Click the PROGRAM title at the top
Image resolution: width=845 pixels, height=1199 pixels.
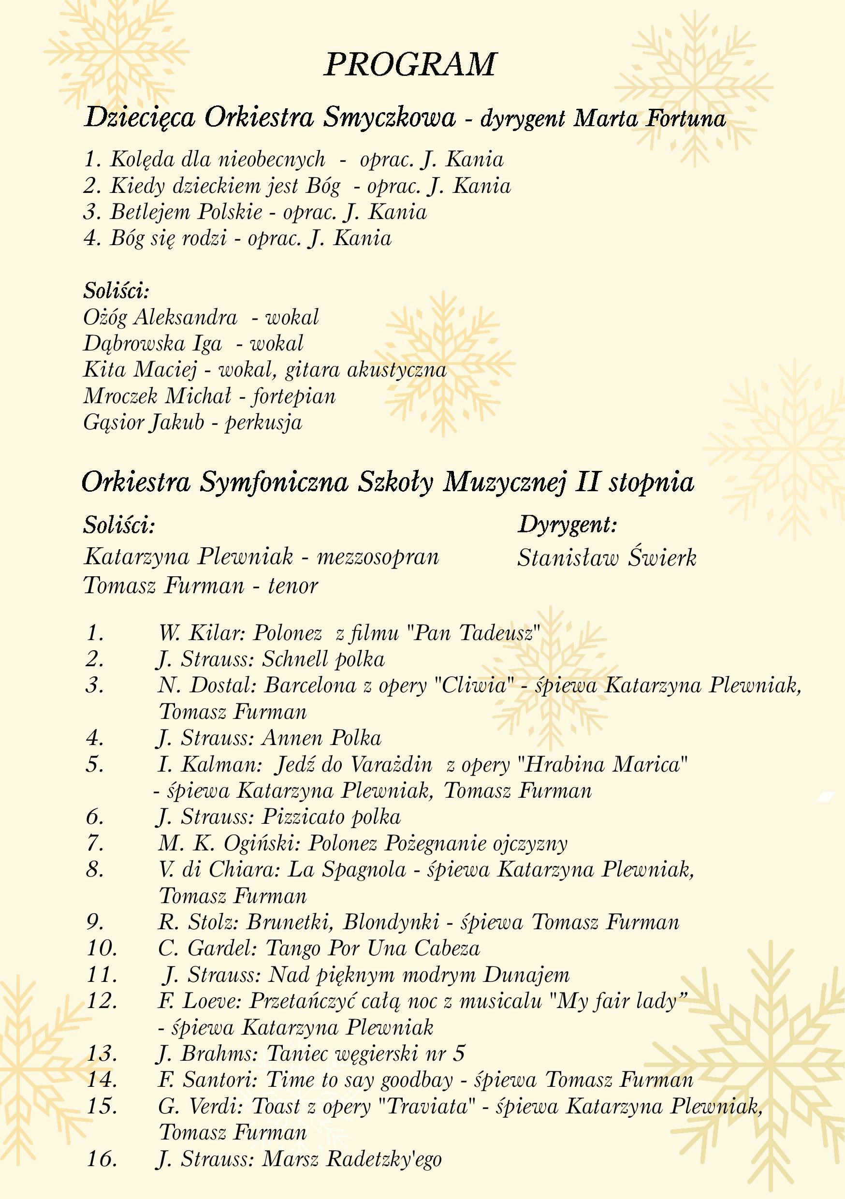point(409,65)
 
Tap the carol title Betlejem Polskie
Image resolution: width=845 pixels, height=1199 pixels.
point(187,212)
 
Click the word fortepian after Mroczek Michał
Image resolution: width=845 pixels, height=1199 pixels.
point(294,396)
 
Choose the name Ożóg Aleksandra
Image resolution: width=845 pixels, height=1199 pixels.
point(160,317)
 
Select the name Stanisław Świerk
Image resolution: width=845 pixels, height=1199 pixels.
point(607,558)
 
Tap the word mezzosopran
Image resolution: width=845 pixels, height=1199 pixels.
point(378,556)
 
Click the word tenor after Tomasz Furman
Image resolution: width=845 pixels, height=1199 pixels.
point(293,585)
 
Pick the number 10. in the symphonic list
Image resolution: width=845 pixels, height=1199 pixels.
point(102,948)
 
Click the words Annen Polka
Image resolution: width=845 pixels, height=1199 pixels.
point(321,738)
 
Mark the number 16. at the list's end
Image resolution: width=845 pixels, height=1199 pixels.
point(102,1159)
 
